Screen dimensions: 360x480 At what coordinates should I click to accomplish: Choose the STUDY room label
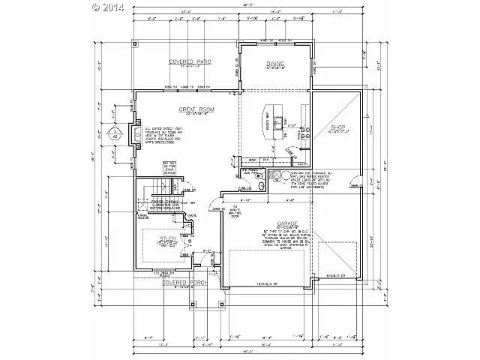[166, 242]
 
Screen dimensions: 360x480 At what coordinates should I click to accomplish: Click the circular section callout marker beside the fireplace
[115, 134]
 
